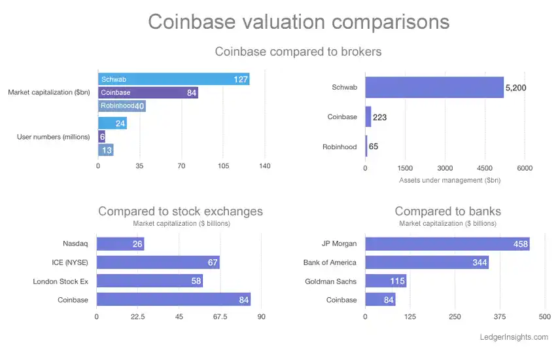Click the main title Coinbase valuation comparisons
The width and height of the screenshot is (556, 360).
(x=298, y=22)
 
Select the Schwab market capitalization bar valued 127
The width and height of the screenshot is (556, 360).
(x=173, y=79)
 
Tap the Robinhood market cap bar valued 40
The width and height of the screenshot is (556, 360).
(x=122, y=105)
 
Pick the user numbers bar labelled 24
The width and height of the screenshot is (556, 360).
(x=112, y=123)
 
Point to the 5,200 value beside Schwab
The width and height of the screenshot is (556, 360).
(x=515, y=88)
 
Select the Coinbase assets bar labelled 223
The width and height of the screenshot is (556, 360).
(x=368, y=117)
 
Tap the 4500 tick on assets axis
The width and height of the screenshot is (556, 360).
(x=485, y=168)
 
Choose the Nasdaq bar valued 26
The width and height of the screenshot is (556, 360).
(x=120, y=244)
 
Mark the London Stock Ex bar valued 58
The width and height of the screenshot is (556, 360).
(x=150, y=281)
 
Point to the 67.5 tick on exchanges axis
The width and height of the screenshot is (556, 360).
(x=220, y=317)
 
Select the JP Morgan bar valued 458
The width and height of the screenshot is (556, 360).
(x=447, y=244)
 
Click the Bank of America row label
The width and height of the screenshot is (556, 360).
(x=330, y=262)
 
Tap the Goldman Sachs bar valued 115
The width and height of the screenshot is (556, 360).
(x=385, y=281)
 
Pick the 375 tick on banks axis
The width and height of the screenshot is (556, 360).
(x=500, y=317)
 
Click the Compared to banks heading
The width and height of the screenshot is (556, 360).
(x=448, y=211)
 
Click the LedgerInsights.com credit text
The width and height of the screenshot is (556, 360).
(x=513, y=337)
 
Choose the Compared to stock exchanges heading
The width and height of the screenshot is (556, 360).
(x=181, y=211)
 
